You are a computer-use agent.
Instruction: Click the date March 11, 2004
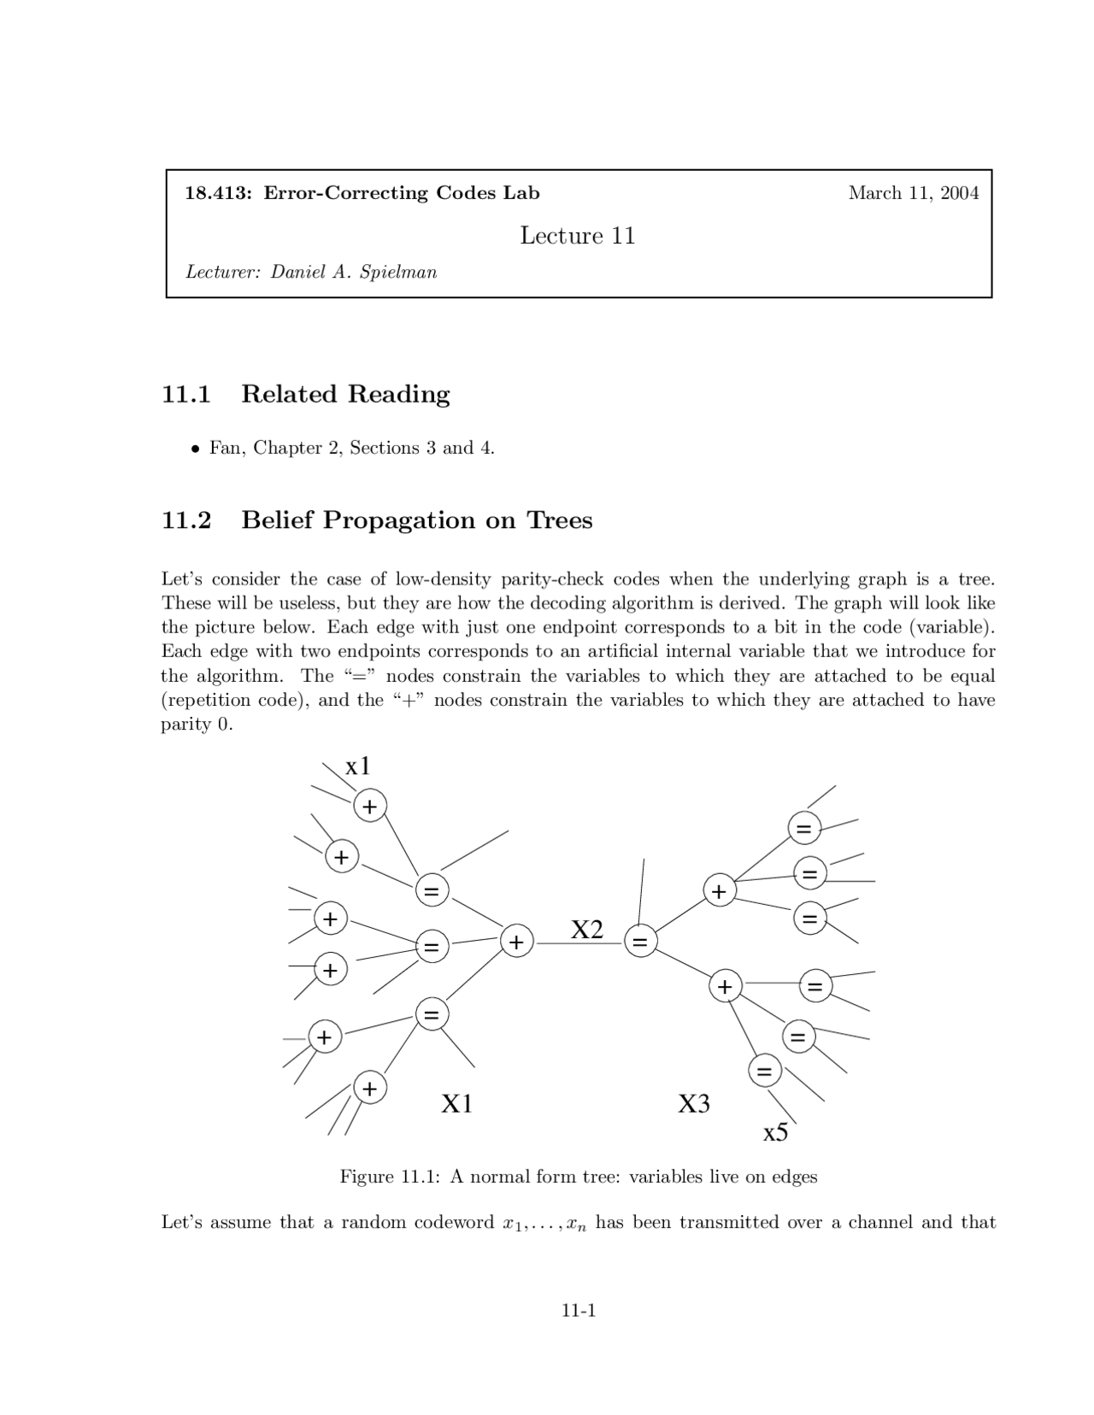(913, 193)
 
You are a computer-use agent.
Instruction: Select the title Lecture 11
(578, 236)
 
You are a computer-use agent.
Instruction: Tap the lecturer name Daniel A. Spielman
(354, 273)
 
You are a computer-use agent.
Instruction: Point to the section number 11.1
(186, 394)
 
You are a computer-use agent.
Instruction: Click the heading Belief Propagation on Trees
(416, 520)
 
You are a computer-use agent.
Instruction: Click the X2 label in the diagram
(587, 930)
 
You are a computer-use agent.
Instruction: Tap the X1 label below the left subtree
(456, 1104)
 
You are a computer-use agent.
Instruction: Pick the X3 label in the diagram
(694, 1104)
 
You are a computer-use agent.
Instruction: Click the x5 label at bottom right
(775, 1133)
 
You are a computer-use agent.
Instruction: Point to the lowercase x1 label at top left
(358, 766)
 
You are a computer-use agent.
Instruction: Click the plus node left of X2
(516, 942)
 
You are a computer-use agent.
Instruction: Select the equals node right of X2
(640, 942)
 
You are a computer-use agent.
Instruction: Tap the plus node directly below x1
(370, 806)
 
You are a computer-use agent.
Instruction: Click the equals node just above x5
(764, 1071)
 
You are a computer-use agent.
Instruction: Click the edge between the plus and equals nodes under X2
(579, 942)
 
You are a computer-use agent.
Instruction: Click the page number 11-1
(578, 1310)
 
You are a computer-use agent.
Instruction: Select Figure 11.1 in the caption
(389, 1177)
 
